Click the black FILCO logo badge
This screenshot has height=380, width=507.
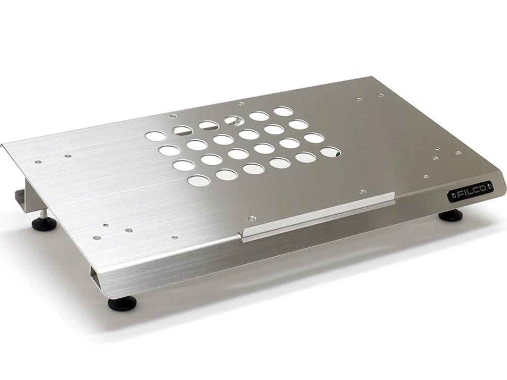click(470, 192)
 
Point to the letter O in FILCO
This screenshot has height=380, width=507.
click(482, 188)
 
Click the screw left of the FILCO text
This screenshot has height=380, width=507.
click(452, 196)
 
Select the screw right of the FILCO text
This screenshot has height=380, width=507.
click(489, 186)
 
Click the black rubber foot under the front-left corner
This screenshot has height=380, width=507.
click(123, 303)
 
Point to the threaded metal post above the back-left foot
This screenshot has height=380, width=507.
click(43, 213)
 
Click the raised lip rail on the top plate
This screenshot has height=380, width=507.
click(318, 217)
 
